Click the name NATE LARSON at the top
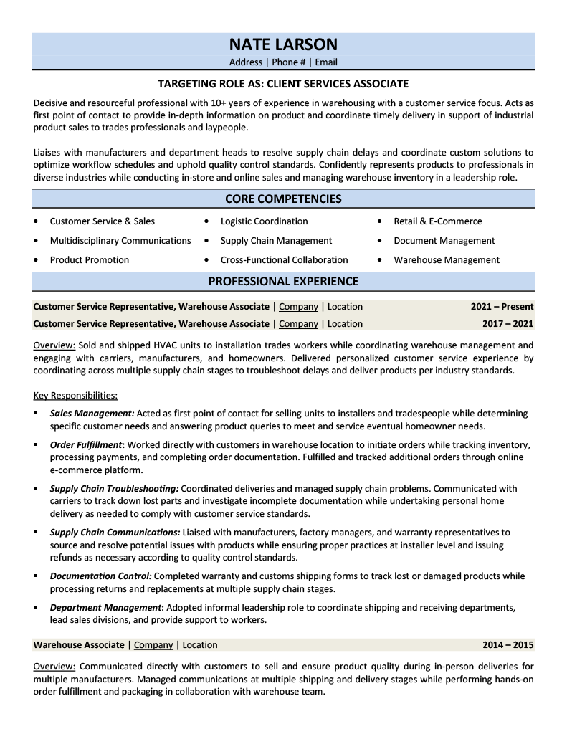283,44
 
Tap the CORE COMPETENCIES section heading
283,199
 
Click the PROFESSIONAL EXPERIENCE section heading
283,281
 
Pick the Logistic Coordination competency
264,221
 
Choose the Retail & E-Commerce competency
437,221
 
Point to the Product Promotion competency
90,260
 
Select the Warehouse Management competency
447,260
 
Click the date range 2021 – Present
502,307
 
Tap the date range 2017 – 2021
508,324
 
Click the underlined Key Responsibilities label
75,396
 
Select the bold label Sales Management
92,414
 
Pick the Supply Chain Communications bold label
115,533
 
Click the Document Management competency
444,241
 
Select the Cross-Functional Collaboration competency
284,260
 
